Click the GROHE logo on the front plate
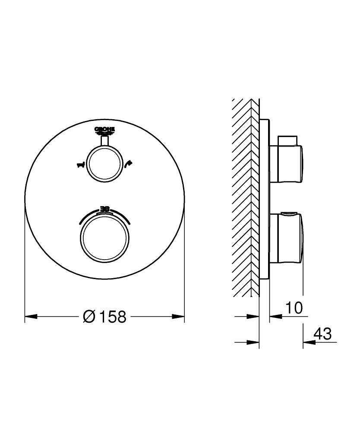(104, 130)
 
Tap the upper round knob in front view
(104, 164)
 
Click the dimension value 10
(294, 308)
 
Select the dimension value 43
(322, 334)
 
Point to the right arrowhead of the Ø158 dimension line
(179, 317)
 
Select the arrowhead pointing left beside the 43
(308, 343)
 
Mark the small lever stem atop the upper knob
(104, 140)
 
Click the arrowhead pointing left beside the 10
(275, 317)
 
